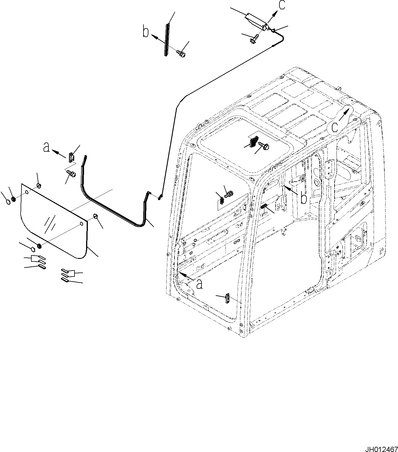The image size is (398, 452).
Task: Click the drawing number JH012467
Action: click(x=381, y=448)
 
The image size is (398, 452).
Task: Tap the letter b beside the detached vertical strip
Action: click(x=146, y=32)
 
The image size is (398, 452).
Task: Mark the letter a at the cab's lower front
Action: click(x=199, y=284)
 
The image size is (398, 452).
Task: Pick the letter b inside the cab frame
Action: click(x=304, y=199)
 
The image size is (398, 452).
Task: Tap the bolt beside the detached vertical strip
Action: click(x=181, y=53)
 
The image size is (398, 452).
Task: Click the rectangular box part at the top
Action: click(x=256, y=20)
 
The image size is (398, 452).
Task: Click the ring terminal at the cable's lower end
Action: click(x=160, y=198)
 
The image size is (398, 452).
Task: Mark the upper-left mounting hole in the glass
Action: click(x=27, y=192)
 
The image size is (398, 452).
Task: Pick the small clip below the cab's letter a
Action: click(x=228, y=298)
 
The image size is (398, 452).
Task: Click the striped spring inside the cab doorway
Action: click(x=264, y=206)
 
